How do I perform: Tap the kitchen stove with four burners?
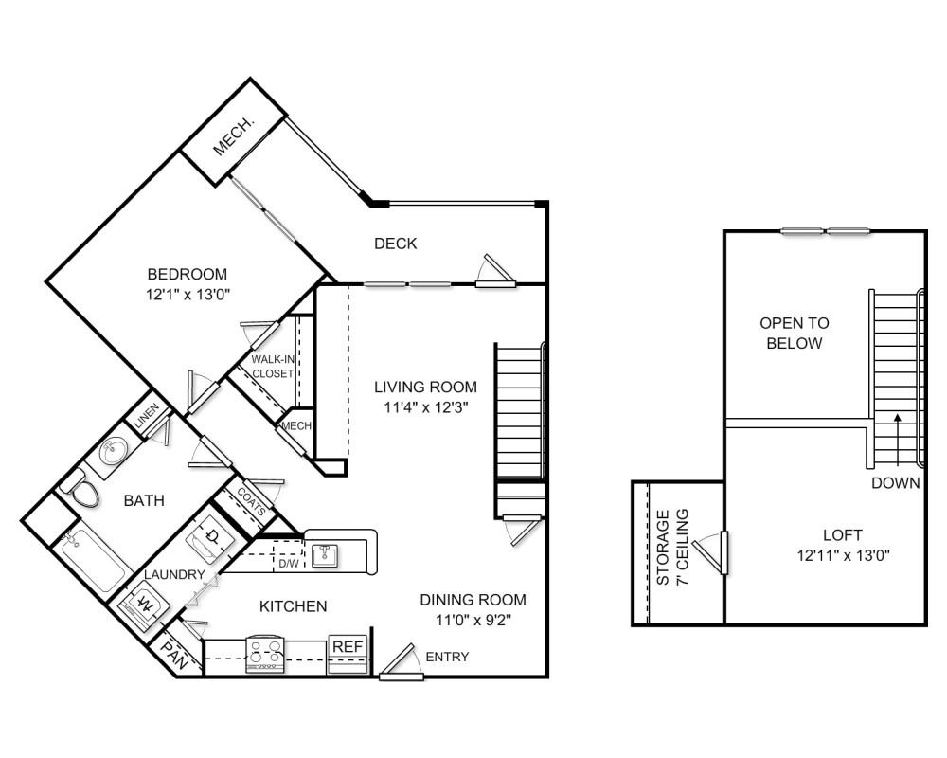(265, 654)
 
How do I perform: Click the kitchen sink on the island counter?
(325, 553)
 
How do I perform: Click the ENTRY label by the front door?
(447, 657)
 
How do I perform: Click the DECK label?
(395, 244)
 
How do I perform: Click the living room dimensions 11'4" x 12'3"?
(424, 406)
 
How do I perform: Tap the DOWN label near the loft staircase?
(896, 483)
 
